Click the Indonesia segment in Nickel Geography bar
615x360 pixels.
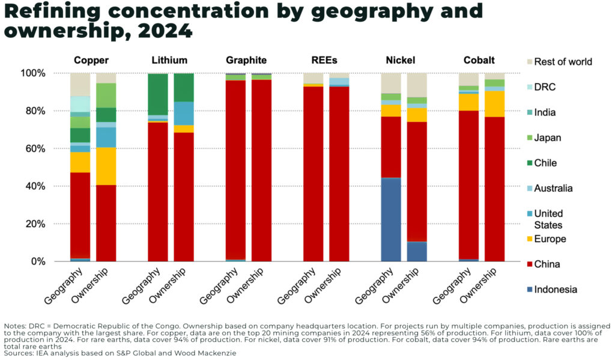391,219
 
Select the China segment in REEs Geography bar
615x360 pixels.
313,174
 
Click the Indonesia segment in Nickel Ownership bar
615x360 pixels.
417,251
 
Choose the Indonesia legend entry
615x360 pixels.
556,289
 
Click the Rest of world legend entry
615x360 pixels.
563,61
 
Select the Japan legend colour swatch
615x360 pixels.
529,138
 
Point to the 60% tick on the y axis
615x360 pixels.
51,148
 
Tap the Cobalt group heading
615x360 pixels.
479,60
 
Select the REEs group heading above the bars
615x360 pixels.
325,60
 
